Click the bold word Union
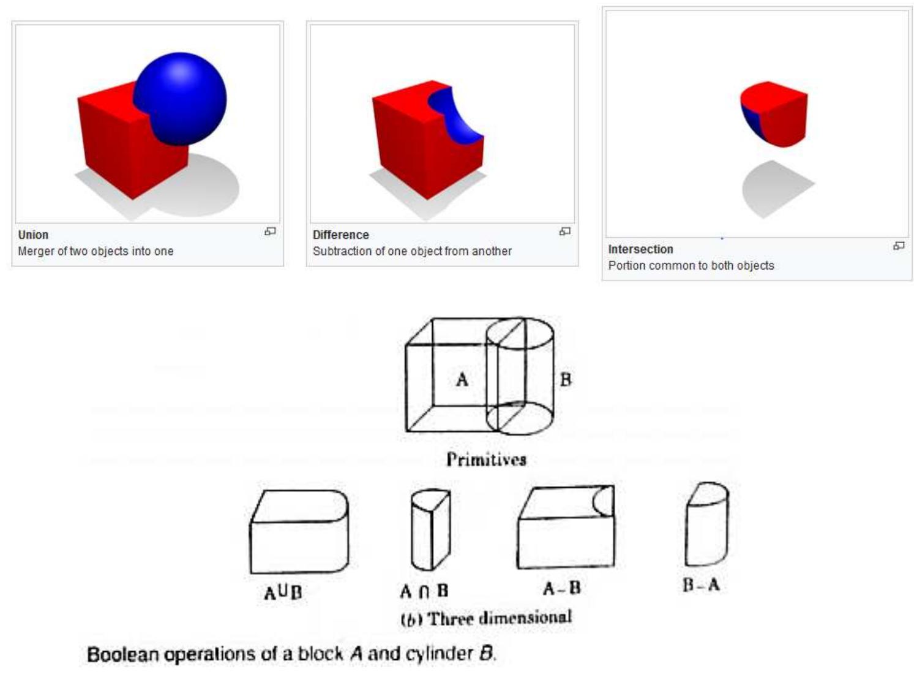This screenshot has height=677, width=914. coord(33,235)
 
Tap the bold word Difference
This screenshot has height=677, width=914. coord(341,235)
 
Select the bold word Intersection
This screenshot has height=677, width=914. coord(640,249)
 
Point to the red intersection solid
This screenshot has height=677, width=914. coord(774,114)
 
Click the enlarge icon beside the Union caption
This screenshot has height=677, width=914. coord(270,232)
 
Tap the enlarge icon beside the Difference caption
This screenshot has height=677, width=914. coord(564,232)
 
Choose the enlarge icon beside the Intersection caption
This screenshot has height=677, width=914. coord(899,246)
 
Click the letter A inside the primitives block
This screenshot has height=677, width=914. coord(462,379)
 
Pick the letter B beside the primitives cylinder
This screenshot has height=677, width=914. coord(566,379)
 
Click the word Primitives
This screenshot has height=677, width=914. coord(486,460)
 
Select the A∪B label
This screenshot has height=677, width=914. coord(283,592)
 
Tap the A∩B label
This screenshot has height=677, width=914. coord(424,591)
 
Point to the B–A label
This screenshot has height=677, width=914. coord(702,584)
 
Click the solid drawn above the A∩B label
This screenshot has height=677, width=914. coord(430,530)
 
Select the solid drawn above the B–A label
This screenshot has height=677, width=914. coord(706,524)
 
